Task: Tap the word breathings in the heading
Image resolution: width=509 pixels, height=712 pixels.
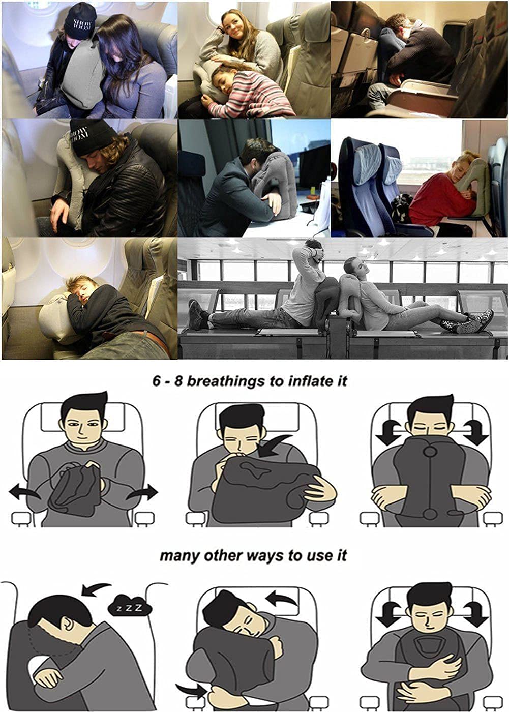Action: point(227,381)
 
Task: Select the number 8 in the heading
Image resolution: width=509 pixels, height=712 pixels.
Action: point(178,381)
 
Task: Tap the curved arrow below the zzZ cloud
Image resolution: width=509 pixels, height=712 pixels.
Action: point(94,590)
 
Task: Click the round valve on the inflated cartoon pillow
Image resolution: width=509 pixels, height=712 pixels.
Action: point(431,451)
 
